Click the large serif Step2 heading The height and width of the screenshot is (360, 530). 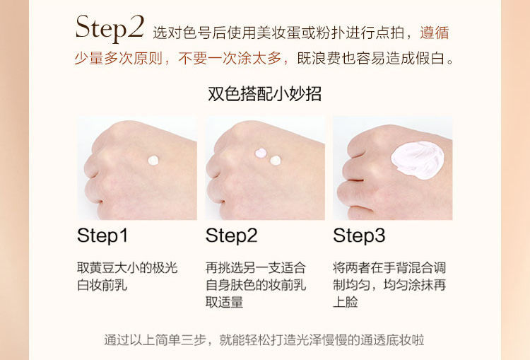pos(110,28)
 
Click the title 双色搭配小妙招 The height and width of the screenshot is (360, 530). pos(264,94)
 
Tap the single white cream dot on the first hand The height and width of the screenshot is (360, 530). pos(153,160)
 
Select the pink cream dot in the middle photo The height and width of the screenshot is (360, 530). pos(261,153)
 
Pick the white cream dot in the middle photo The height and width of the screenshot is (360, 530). pos(276,161)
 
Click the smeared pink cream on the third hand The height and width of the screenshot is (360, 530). pos(418,160)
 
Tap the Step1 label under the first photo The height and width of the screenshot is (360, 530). pos(102,236)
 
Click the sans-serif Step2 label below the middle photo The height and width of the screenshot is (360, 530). pos(232,236)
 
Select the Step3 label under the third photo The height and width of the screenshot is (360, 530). pos(359,236)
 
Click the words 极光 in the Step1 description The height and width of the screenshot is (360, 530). pos(165,267)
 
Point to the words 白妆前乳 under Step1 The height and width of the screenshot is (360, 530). pos(102,285)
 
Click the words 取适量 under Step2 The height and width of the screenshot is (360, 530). pos(225,302)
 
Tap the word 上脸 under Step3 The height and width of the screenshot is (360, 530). pos(346,302)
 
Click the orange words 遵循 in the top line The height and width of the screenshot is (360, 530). pos(435,33)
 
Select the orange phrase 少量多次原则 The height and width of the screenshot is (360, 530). pos(119,58)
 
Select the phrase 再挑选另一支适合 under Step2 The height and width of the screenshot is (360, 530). pos(256,267)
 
